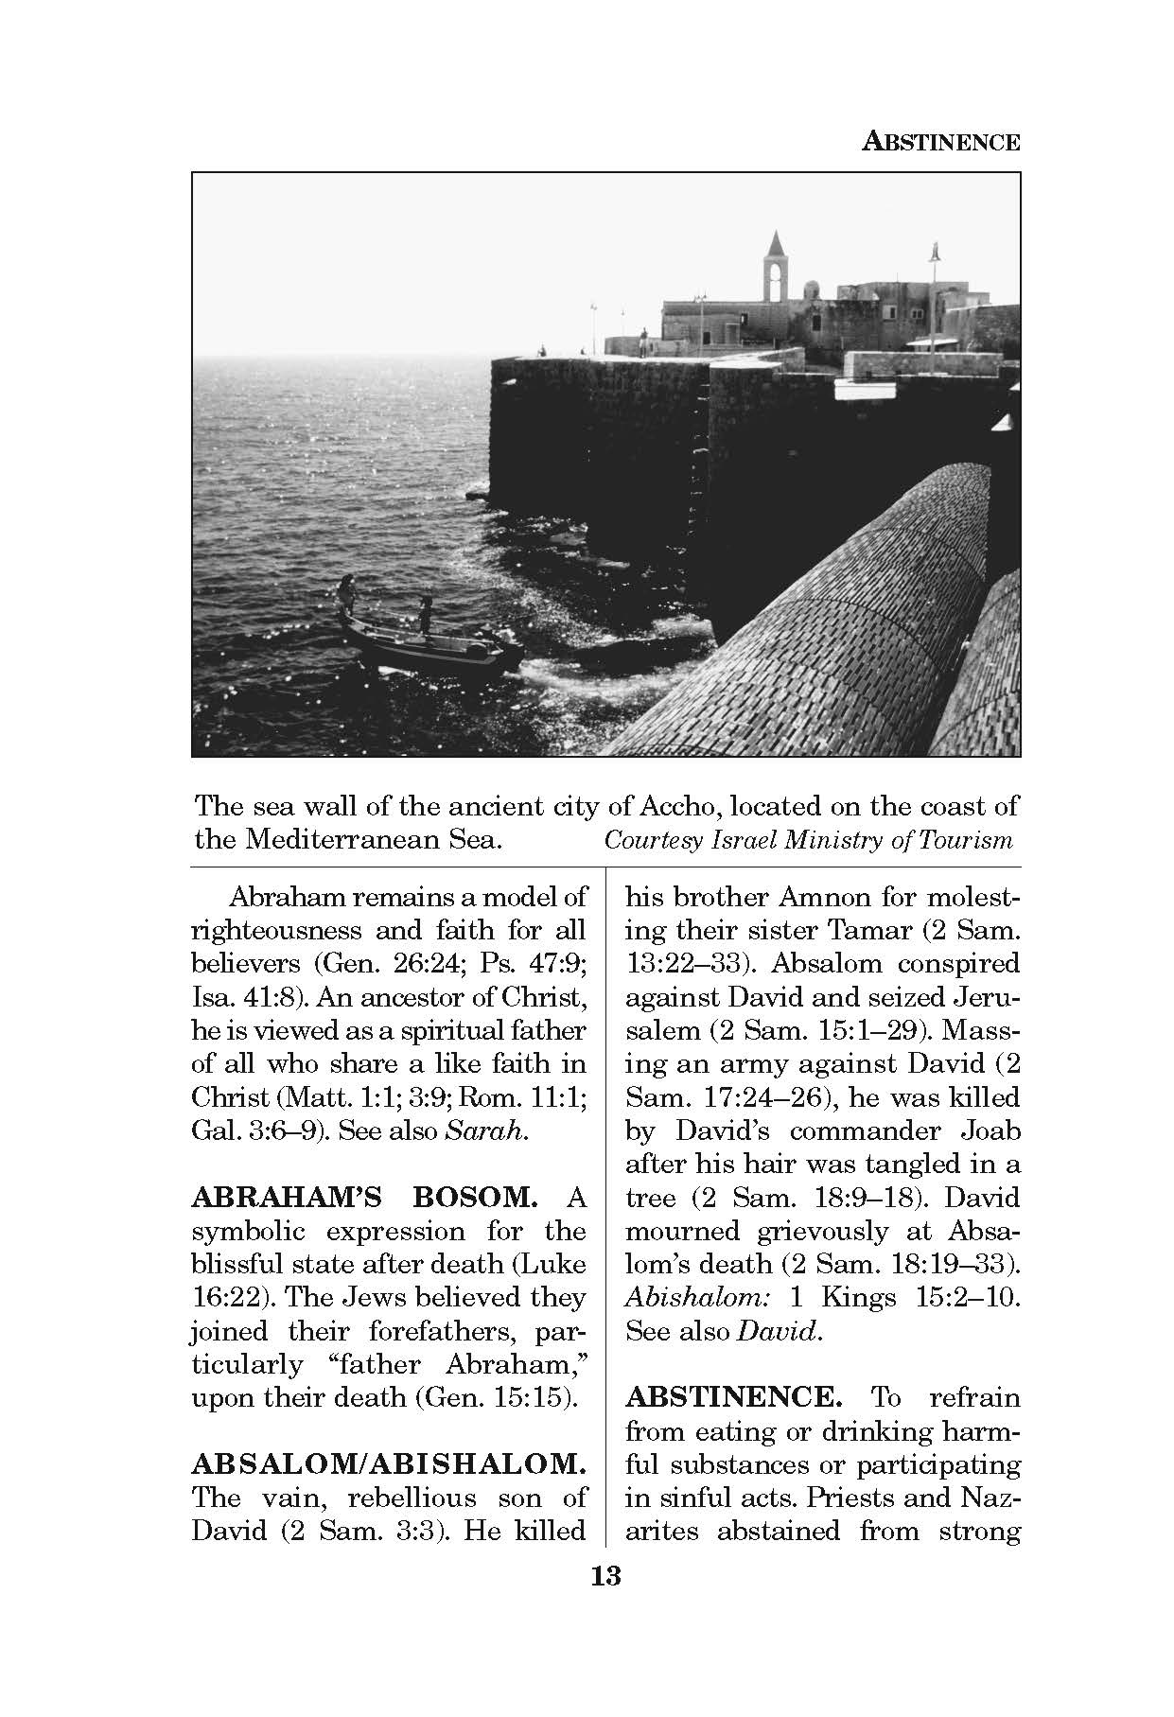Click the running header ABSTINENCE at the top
941,143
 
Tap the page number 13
605,1577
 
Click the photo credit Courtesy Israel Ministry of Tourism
808,840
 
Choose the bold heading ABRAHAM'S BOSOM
364,1198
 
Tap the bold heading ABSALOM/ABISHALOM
388,1464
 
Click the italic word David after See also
776,1331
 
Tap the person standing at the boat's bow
347,594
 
